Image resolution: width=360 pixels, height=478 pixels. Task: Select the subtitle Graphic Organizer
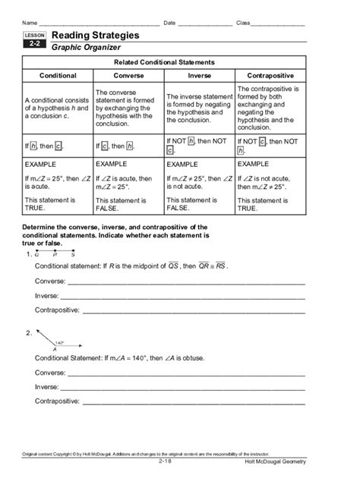pos(86,48)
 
